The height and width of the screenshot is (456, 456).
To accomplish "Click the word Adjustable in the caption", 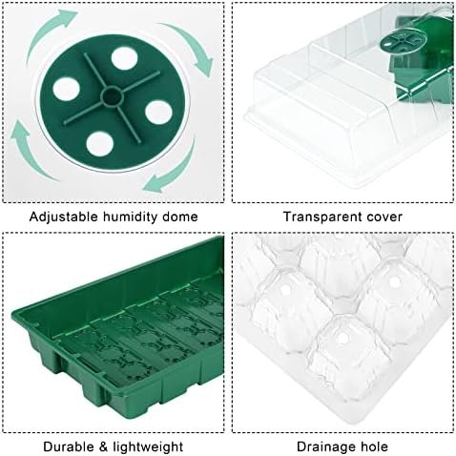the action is tap(64, 218).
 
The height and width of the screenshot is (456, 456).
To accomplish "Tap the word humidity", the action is tap(131, 217).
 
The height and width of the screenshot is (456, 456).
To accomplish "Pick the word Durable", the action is tap(69, 446).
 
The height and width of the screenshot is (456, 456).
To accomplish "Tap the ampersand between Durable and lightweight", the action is tap(104, 446).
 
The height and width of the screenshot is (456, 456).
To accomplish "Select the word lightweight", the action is tap(148, 447).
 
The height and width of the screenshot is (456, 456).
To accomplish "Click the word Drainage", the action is tap(326, 447).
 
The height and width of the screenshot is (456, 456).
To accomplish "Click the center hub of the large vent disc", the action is tap(112, 96).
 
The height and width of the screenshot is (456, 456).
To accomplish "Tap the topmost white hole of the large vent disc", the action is tap(124, 58).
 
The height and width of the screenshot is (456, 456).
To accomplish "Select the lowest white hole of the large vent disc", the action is tap(99, 144).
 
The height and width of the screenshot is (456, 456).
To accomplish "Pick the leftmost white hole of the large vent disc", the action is tap(66, 89).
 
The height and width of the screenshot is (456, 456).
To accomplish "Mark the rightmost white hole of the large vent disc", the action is tap(158, 113).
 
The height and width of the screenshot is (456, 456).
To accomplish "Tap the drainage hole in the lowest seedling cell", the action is tap(342, 339).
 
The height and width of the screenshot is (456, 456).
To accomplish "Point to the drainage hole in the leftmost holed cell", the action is tap(285, 289).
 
